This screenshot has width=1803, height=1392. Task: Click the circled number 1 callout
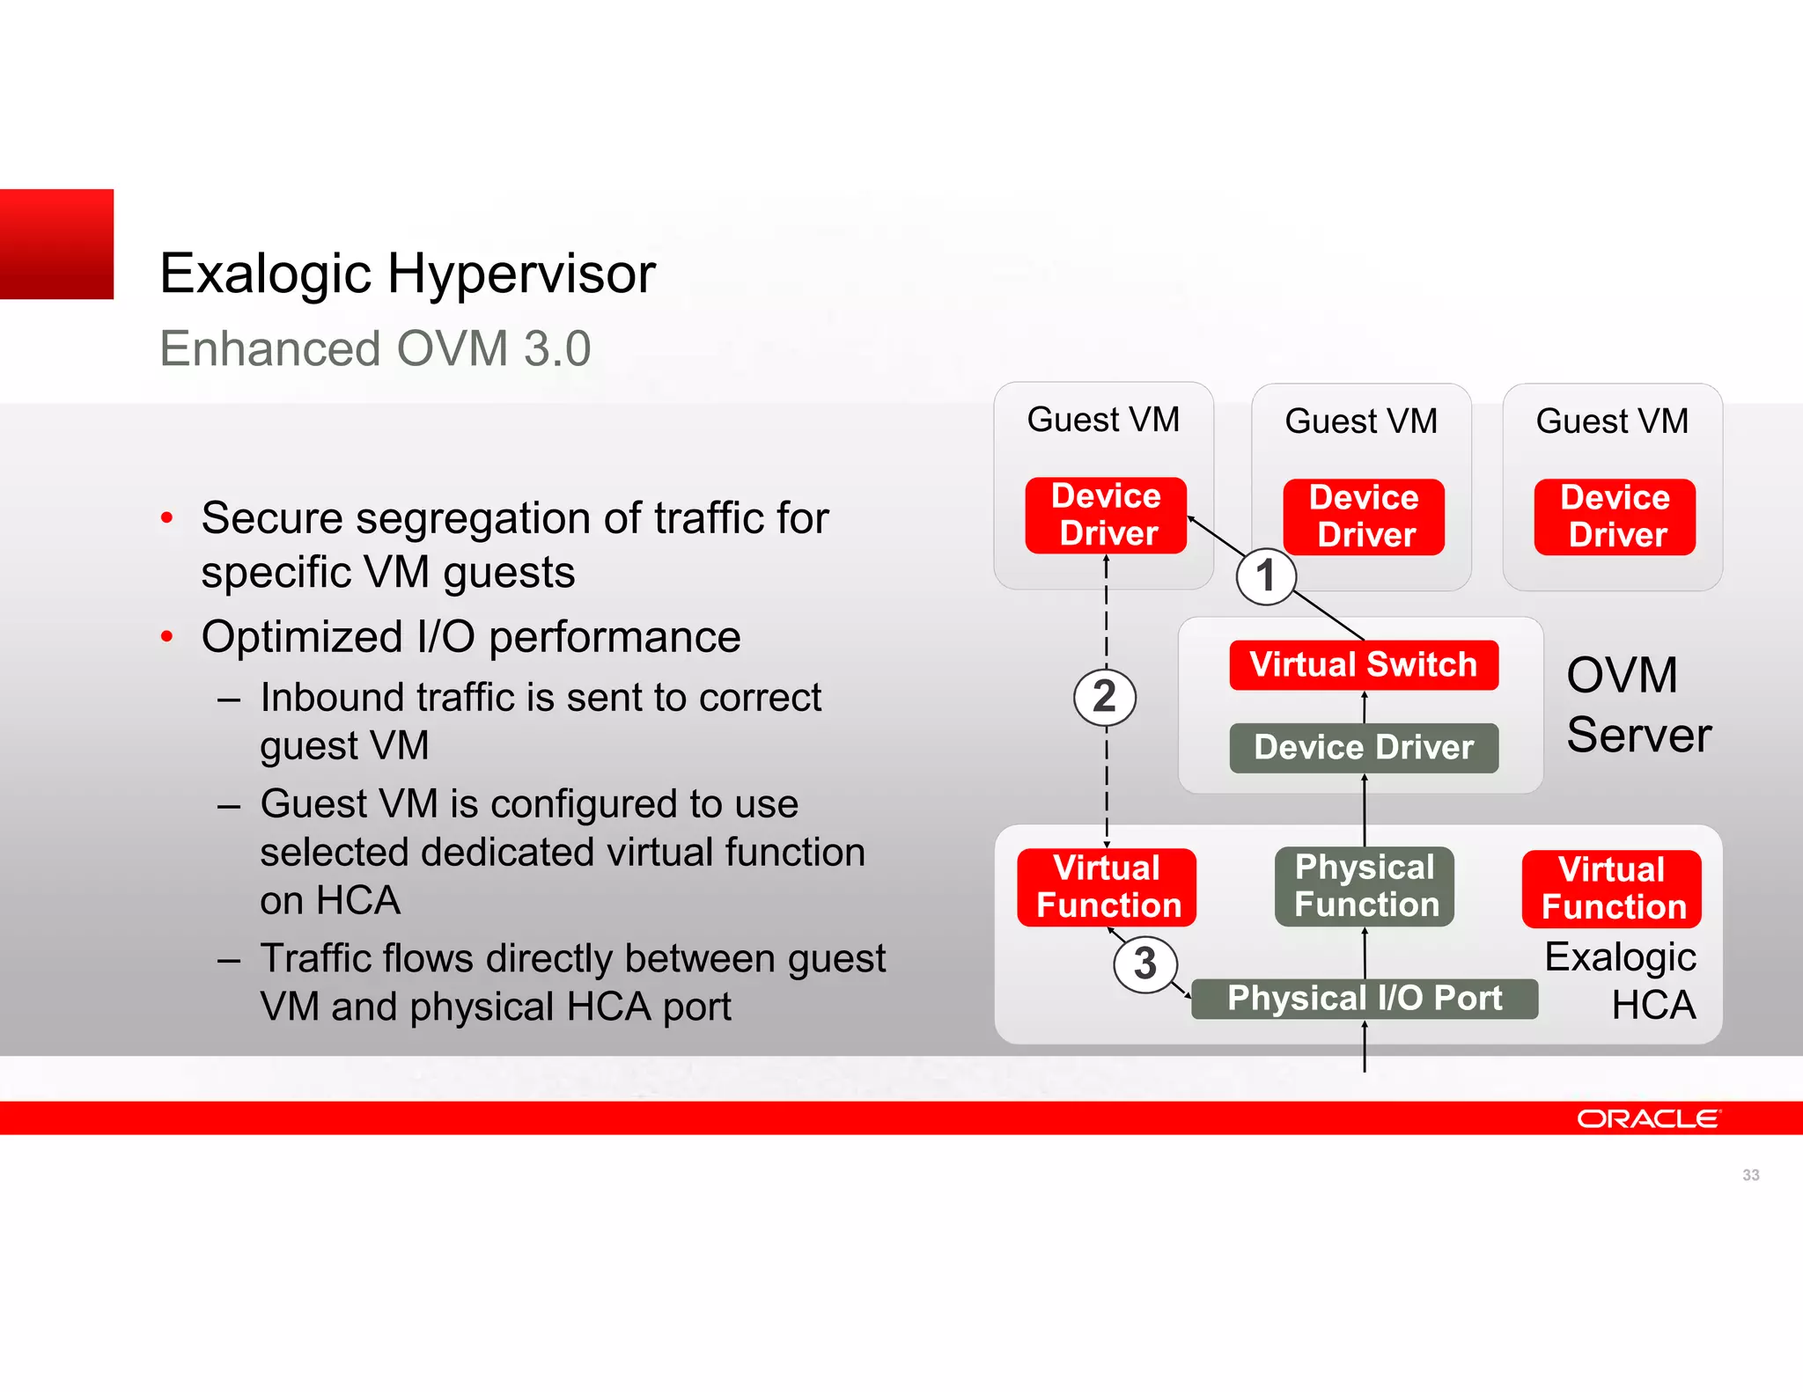[1265, 576]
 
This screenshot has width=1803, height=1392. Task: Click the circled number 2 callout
[1104, 697]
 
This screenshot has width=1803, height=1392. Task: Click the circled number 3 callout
[1144, 963]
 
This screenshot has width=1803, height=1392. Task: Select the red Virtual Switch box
[1363, 665]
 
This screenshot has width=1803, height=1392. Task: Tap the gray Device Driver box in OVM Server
[1363, 748]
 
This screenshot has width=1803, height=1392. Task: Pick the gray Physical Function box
[1364, 886]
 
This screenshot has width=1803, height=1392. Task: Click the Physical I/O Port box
[1364, 999]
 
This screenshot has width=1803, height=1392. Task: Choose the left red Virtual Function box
[1107, 887]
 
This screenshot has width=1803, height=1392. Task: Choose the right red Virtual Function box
[1611, 889]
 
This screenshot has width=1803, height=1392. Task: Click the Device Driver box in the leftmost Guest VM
[1106, 516]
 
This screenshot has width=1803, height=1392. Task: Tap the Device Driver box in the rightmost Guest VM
[1615, 517]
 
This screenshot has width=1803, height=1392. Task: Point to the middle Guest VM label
[1360, 421]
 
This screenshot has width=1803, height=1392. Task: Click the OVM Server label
[1637, 705]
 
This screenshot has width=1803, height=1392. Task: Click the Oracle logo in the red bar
[1646, 1118]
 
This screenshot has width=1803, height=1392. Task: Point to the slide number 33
[1750, 1175]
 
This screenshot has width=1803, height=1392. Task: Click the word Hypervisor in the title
[521, 274]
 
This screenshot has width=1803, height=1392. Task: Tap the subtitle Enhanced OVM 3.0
[375, 348]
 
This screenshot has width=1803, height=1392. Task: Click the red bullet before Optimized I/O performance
[166, 637]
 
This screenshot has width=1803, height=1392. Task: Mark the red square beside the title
[56, 244]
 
